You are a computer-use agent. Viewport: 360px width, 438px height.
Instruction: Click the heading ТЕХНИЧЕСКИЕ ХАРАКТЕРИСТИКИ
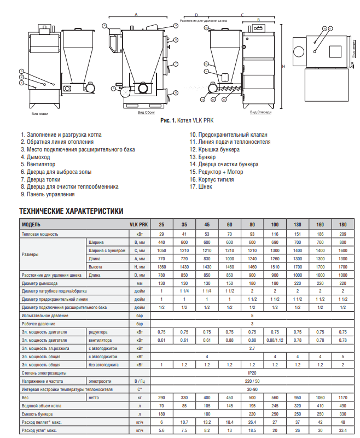pyautogui.click(x=71, y=211)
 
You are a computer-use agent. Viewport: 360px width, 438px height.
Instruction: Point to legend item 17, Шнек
pyautogui.click(x=201, y=187)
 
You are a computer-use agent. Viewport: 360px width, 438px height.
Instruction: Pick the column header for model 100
pyautogui.click(x=275, y=225)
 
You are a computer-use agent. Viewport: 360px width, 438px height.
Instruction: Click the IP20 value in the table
pyautogui.click(x=252, y=372)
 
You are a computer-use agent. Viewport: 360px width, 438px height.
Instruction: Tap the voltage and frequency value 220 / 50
pyautogui.click(x=252, y=380)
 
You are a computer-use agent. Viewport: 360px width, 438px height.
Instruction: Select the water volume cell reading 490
pyautogui.click(x=342, y=405)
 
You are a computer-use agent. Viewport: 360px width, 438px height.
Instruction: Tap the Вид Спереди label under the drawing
pyautogui.click(x=260, y=113)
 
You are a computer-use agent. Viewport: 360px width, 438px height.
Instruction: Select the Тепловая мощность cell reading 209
pyautogui.click(x=342, y=233)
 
